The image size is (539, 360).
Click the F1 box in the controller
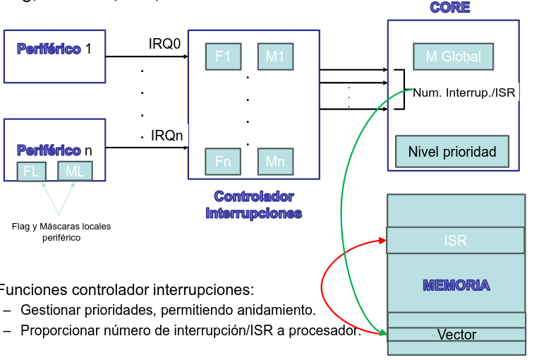[223, 56]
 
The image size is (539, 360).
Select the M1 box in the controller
[274, 56]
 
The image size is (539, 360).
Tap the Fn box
[223, 162]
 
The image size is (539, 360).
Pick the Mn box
[274, 162]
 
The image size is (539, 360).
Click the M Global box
[453, 56]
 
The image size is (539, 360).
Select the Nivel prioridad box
[452, 151]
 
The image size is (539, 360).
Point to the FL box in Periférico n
[31, 172]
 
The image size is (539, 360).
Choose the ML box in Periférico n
[75, 172]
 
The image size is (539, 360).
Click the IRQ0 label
[164, 44]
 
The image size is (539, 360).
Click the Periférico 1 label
[54, 49]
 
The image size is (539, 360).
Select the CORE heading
[449, 8]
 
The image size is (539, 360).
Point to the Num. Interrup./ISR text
[464, 92]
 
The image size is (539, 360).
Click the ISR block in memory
[456, 241]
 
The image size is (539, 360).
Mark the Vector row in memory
[456, 335]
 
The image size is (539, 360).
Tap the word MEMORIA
[456, 285]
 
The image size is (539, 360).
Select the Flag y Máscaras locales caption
[61, 232]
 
